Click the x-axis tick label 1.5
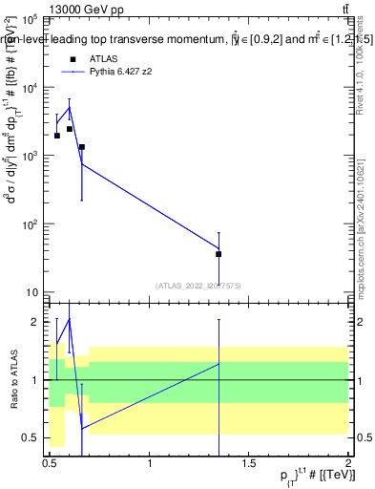[x=249, y=464]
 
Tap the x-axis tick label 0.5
[x=51, y=464]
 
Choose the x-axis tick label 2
[x=348, y=464]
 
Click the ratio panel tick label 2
[x=34, y=322]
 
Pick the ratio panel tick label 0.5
[x=31, y=437]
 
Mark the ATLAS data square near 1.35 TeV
[x=219, y=254]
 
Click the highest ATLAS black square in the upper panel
[x=70, y=129]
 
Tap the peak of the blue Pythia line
[x=70, y=107]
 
